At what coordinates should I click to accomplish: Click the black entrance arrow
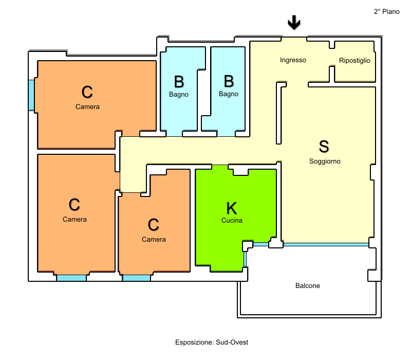tap(294, 22)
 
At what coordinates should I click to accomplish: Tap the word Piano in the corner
tap(391, 11)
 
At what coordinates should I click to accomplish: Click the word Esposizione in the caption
tap(195, 342)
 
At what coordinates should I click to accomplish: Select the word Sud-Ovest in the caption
tap(232, 342)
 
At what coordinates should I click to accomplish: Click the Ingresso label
tap(293, 60)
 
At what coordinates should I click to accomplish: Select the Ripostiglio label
tap(354, 60)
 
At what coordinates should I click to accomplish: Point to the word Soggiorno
tap(325, 161)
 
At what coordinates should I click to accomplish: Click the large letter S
tap(324, 146)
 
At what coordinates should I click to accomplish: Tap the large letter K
tap(232, 208)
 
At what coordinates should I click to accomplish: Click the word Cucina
tap(232, 221)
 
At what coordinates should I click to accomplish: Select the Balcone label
tap(307, 285)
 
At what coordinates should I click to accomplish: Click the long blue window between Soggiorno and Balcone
tap(326, 245)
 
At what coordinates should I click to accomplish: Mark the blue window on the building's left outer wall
tap(31, 95)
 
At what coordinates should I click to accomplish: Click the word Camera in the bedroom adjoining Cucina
tap(154, 239)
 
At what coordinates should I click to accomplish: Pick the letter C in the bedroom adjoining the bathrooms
tap(87, 92)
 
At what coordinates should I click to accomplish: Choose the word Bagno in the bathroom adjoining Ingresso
tap(229, 94)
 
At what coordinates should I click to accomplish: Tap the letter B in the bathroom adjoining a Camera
tap(179, 82)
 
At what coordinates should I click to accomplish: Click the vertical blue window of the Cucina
tap(246, 259)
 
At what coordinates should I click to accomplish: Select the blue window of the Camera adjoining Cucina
tap(136, 278)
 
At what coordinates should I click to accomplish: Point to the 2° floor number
tap(377, 11)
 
